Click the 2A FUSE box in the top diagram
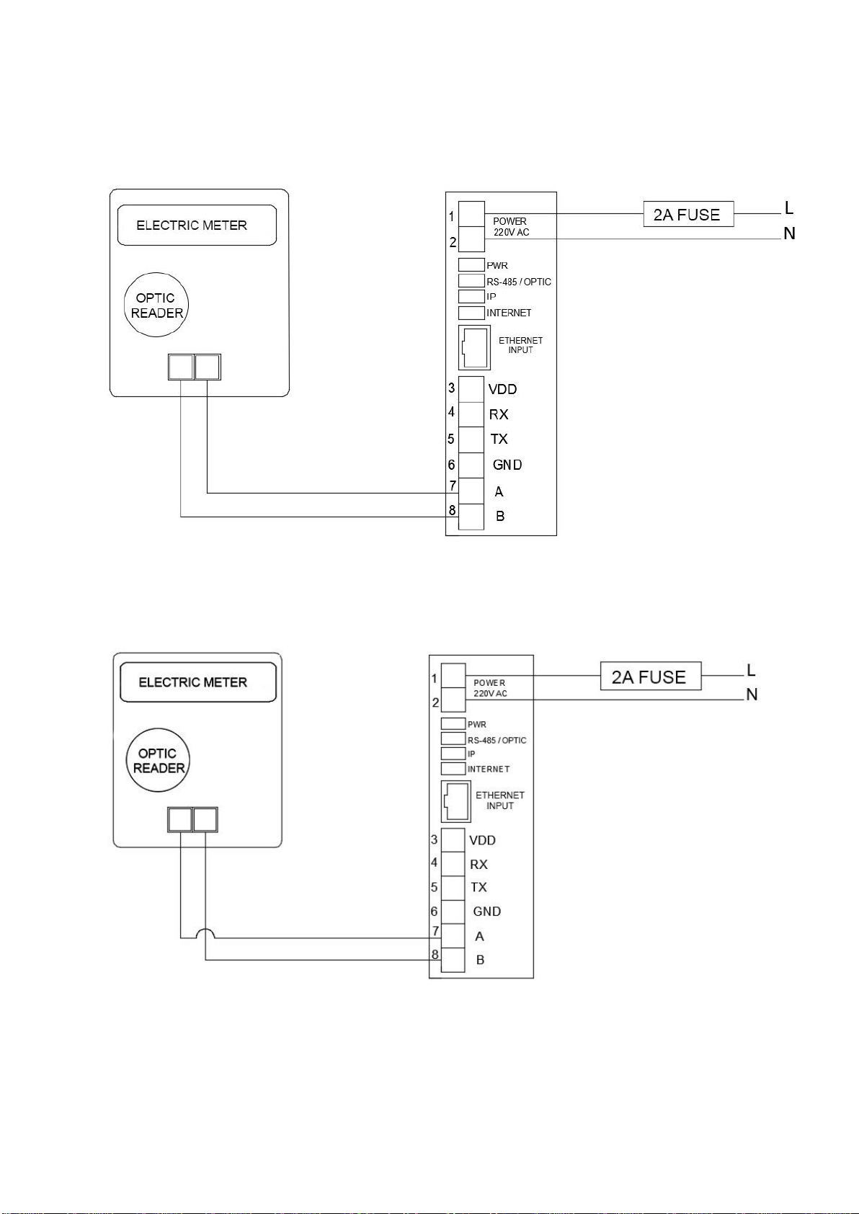click(x=688, y=214)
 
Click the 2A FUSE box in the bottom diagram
click(x=650, y=677)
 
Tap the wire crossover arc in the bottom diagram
click(x=205, y=932)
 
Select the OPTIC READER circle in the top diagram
click(x=156, y=305)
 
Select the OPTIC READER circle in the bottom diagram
click(x=159, y=761)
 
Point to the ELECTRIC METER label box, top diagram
click(x=197, y=225)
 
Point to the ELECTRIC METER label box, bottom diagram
click(x=198, y=682)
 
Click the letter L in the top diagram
click(x=789, y=208)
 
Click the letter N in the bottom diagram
click(x=752, y=695)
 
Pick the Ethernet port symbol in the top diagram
click(x=474, y=347)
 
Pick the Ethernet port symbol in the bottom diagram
click(x=456, y=801)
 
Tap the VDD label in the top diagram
click(x=502, y=389)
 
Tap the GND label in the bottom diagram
click(x=487, y=911)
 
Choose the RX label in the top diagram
click(x=499, y=414)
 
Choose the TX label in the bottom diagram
click(x=479, y=887)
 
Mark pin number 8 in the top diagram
click(x=452, y=510)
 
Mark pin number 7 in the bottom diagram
click(x=435, y=931)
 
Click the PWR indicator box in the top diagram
click(x=471, y=264)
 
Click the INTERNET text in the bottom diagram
click(x=489, y=769)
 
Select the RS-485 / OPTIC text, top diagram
click(x=519, y=282)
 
